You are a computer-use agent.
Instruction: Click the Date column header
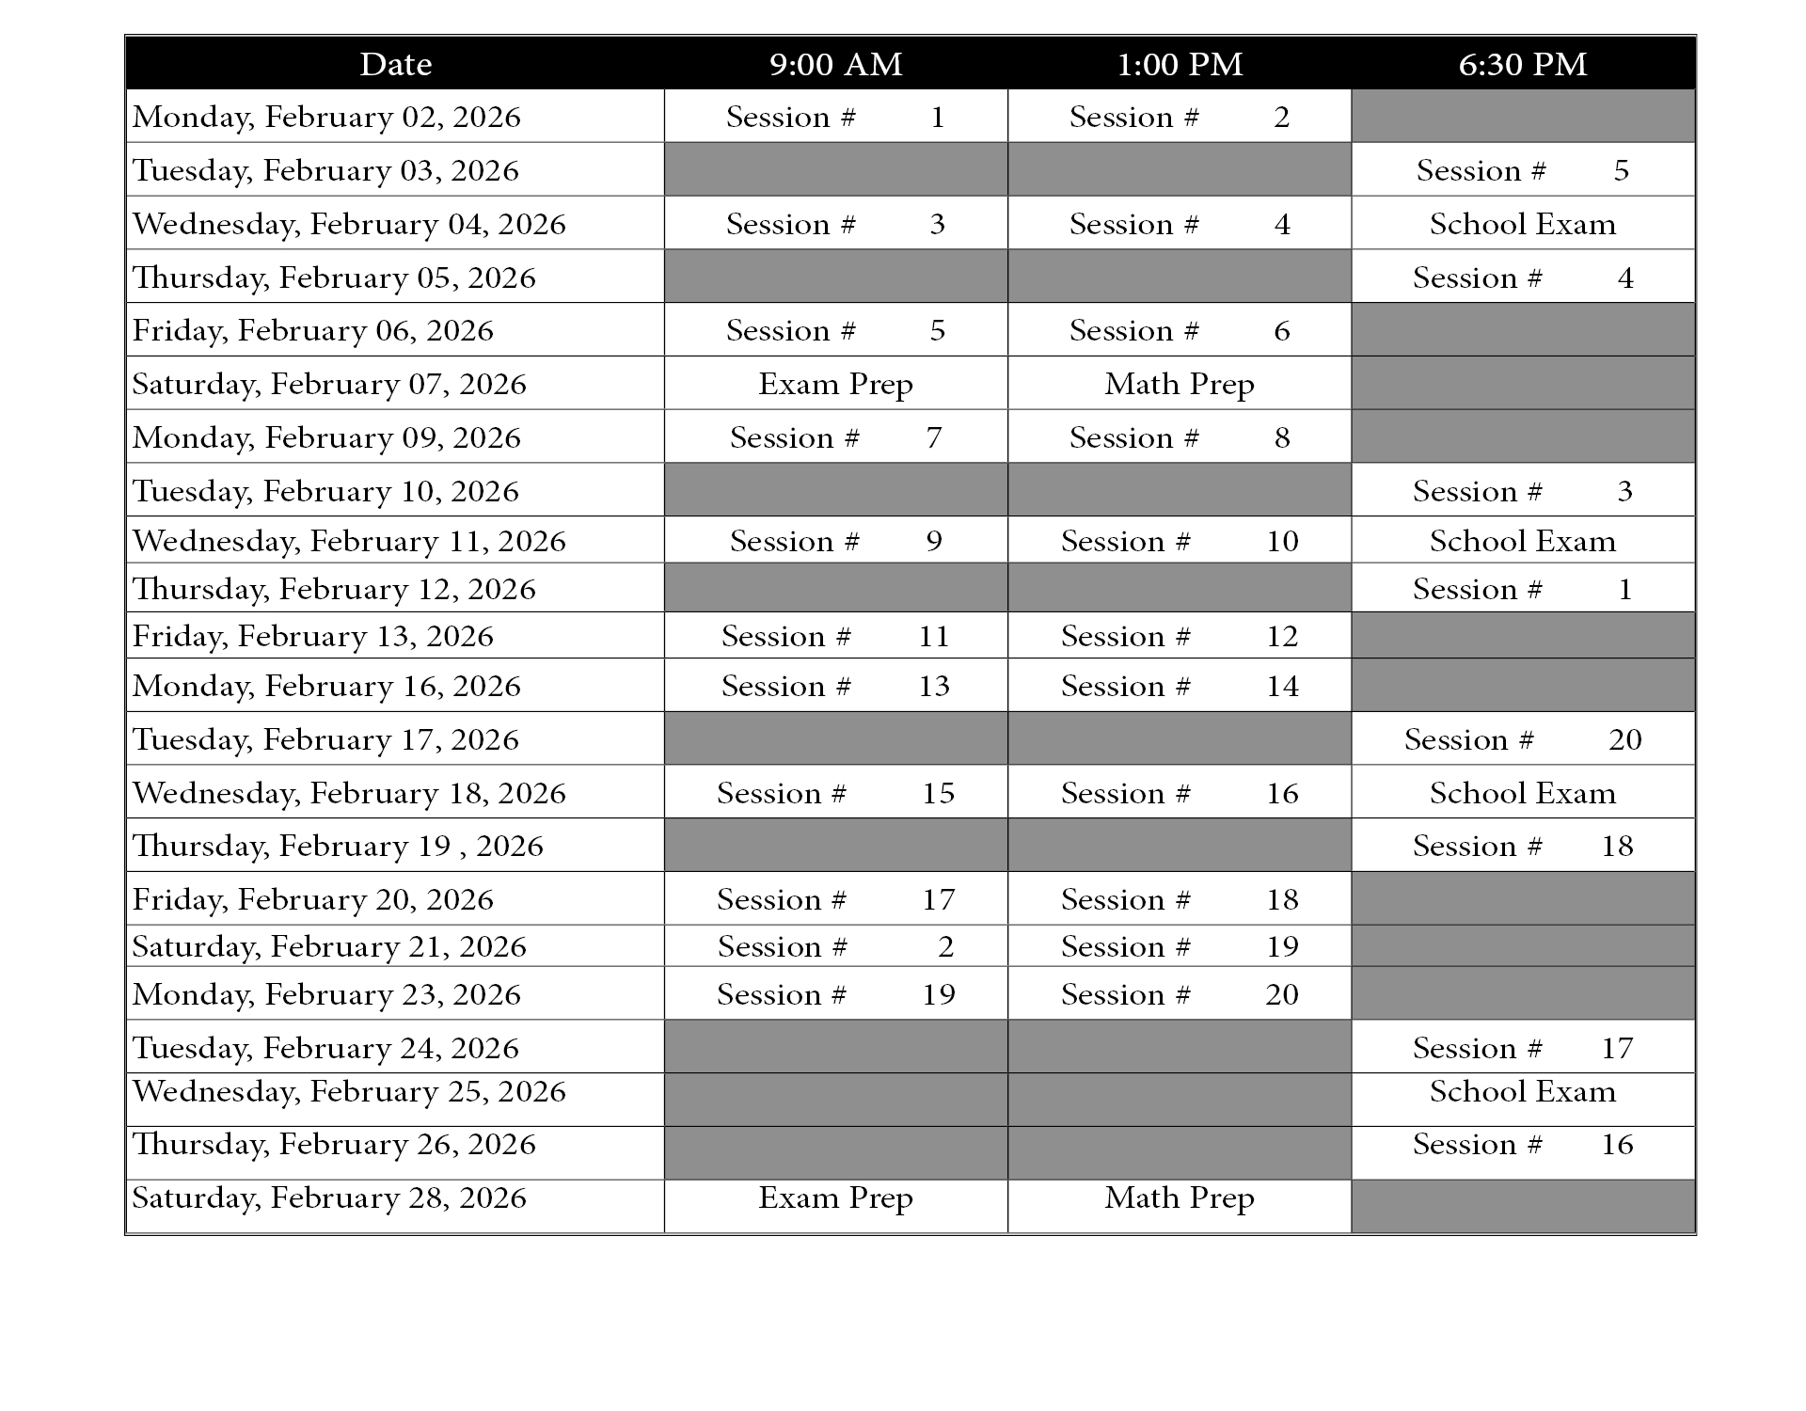(x=395, y=64)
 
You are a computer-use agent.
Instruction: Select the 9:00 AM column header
(x=835, y=64)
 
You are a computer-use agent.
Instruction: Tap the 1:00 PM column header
(x=1180, y=64)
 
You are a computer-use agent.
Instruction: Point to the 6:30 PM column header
(x=1523, y=64)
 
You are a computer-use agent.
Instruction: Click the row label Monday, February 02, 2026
(x=326, y=117)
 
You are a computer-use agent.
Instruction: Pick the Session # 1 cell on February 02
(x=835, y=117)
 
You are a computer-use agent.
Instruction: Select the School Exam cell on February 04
(x=1523, y=224)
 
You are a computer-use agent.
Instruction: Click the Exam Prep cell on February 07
(x=835, y=384)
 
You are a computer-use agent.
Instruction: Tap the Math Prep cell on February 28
(x=1180, y=1197)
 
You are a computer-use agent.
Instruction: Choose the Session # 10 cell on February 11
(x=1180, y=541)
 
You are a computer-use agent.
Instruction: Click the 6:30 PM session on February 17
(x=1523, y=739)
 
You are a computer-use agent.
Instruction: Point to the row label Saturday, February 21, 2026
(x=329, y=946)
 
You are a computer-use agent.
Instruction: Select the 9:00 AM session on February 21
(x=835, y=946)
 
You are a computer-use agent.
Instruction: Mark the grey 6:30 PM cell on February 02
(x=1523, y=117)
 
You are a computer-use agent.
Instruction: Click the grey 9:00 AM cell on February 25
(x=835, y=1099)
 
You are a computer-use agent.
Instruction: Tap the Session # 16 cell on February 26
(x=1523, y=1145)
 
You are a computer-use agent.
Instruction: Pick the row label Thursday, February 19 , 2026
(x=338, y=846)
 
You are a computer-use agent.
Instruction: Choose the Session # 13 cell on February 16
(x=835, y=686)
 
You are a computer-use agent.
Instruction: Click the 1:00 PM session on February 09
(x=1180, y=437)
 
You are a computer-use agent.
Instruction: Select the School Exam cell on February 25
(x=1523, y=1091)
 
